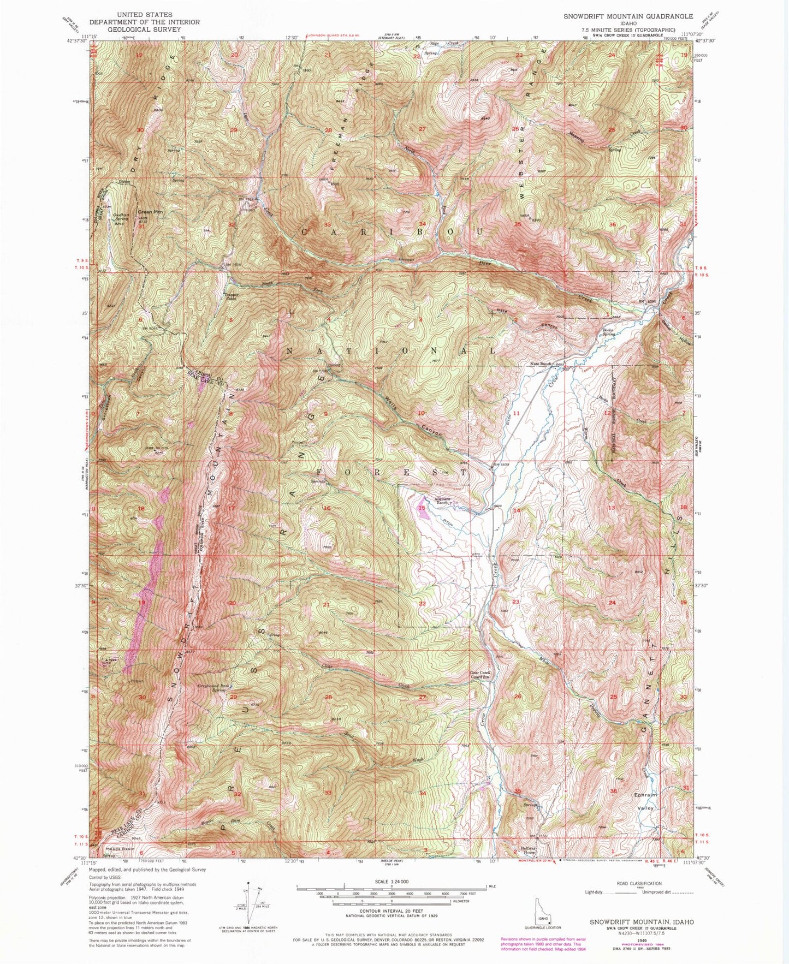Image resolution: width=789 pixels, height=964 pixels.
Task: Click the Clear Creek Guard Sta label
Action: point(480,675)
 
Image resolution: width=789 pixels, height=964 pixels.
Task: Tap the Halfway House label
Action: point(529,850)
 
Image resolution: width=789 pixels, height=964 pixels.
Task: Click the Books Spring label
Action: point(612,332)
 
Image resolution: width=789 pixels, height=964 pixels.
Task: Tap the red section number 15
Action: point(422,508)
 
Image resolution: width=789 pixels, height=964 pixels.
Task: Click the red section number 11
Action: point(517,413)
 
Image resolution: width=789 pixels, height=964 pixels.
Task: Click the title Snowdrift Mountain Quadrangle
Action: point(628,16)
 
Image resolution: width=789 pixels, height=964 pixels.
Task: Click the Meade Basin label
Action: point(120,849)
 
